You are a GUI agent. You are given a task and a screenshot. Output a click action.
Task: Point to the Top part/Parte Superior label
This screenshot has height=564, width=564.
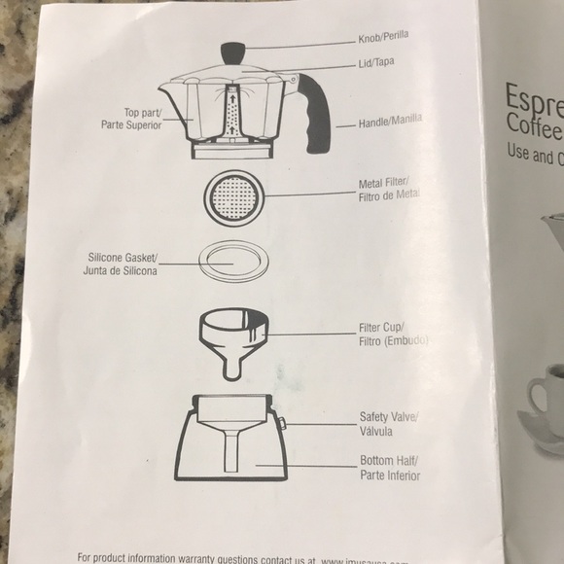(x=141, y=119)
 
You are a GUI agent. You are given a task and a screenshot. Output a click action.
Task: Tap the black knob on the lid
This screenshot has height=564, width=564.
(x=233, y=51)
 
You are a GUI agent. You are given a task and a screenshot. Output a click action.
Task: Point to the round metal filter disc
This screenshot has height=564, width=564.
(x=233, y=197)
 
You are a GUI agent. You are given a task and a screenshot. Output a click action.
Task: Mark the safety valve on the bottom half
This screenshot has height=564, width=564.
(x=280, y=423)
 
